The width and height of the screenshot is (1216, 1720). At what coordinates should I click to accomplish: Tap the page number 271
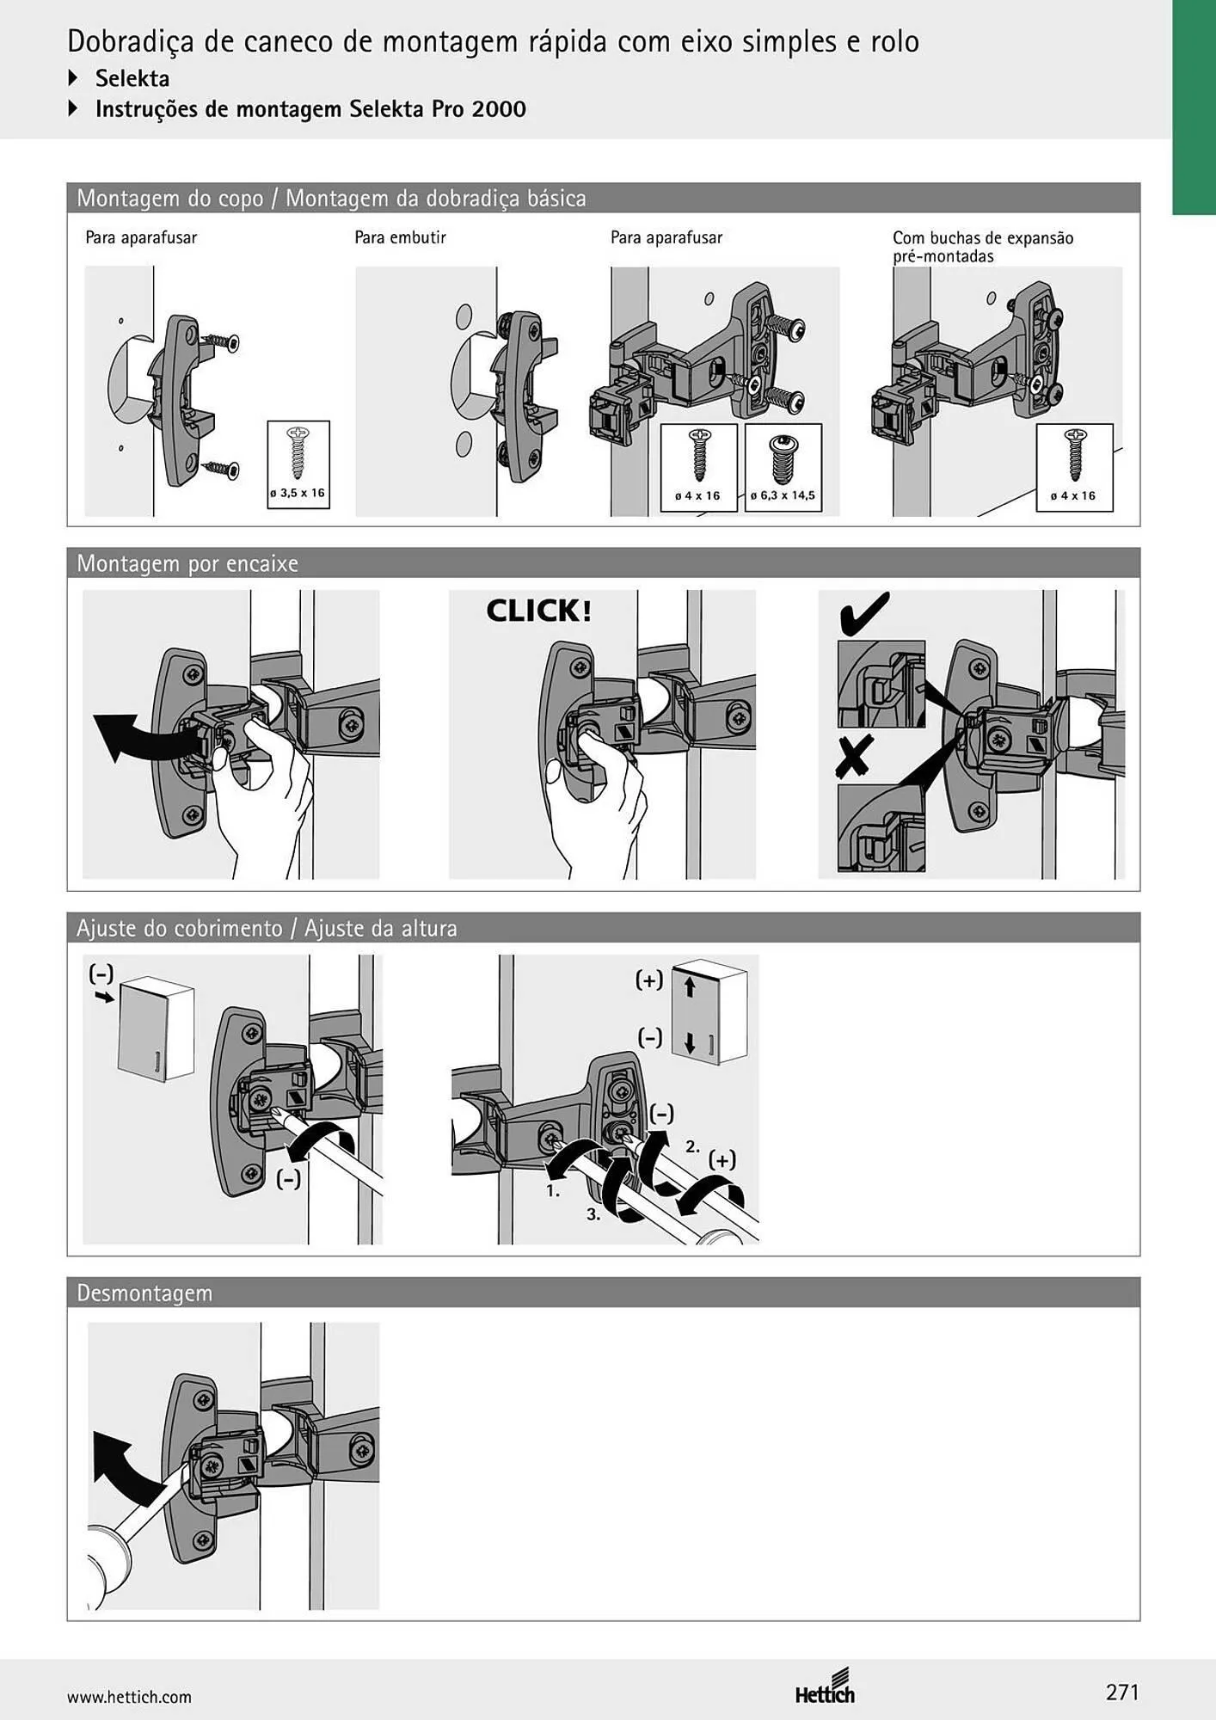click(1122, 1692)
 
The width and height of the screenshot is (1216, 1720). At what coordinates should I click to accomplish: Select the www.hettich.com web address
click(129, 1697)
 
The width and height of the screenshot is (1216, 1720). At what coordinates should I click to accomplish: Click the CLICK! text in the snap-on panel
click(538, 611)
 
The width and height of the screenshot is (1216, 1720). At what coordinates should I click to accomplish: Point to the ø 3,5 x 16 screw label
click(298, 494)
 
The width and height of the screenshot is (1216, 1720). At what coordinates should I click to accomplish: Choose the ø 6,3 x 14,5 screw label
click(783, 495)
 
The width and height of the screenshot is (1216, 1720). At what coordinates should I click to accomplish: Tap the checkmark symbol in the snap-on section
click(863, 612)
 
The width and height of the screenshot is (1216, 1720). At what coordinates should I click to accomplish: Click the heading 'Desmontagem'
click(144, 1293)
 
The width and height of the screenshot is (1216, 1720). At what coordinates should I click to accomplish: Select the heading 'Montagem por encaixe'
click(187, 563)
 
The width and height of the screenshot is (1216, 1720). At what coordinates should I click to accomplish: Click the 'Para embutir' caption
click(400, 237)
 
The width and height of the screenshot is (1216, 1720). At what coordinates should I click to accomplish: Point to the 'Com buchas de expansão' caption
click(983, 238)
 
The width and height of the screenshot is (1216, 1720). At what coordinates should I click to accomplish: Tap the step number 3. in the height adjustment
click(593, 1214)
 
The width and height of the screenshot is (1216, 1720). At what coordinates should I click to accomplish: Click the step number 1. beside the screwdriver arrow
click(553, 1192)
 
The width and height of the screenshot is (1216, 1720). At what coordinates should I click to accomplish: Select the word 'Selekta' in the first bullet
click(132, 78)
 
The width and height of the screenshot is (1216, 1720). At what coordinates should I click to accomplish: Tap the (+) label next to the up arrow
click(649, 980)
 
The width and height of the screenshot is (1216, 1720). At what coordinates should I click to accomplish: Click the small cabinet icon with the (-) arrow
click(156, 1033)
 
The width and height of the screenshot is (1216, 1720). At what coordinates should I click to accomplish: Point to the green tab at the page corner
click(1194, 107)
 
